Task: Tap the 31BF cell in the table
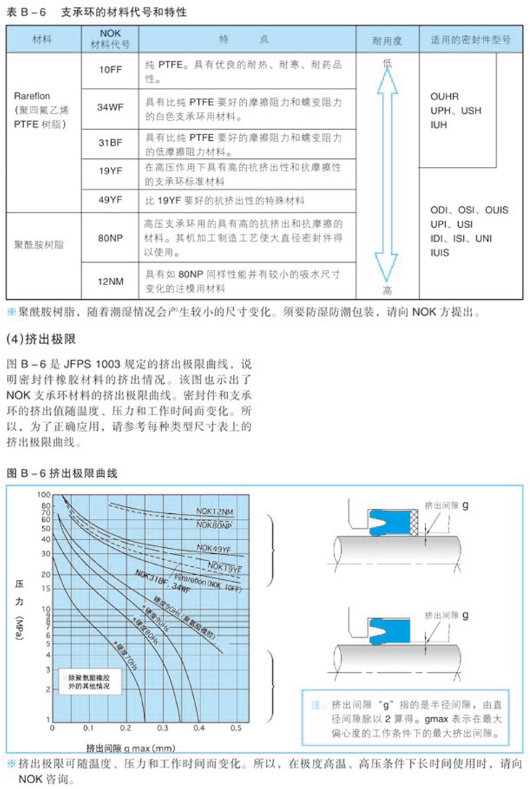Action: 110,142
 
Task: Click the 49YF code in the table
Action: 110,200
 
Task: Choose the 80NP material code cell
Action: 110,236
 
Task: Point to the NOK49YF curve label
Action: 213,549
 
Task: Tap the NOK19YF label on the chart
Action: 224,567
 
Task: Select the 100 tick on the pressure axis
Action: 46,495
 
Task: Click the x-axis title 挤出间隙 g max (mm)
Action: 131,747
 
